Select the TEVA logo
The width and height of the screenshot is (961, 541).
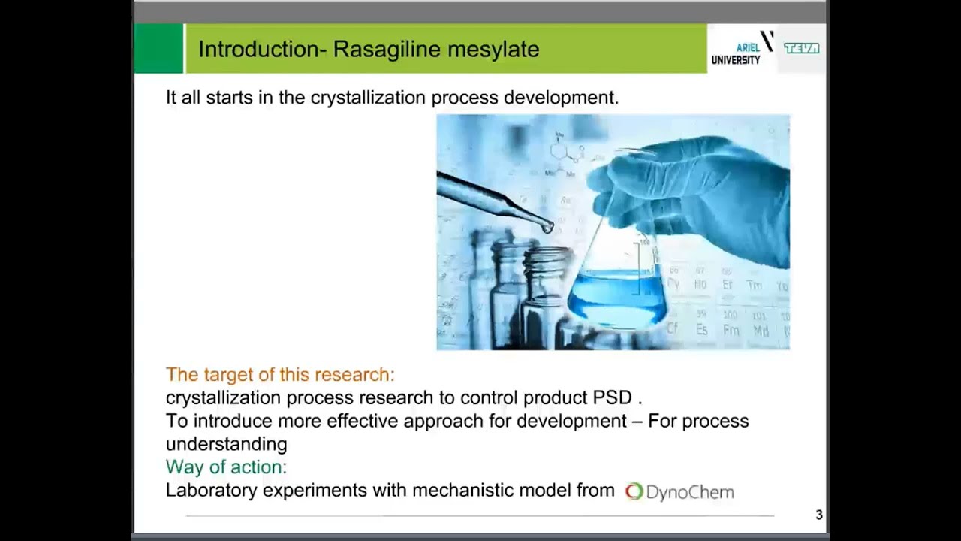(801, 48)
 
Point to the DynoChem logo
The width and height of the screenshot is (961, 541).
(679, 492)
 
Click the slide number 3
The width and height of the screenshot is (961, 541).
(819, 515)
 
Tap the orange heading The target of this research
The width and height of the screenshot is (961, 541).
(279, 374)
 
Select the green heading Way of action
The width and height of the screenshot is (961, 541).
(226, 467)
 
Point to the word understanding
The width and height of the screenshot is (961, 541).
(226, 444)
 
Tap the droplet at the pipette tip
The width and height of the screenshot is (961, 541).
(549, 227)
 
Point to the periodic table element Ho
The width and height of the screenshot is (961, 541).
(700, 285)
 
